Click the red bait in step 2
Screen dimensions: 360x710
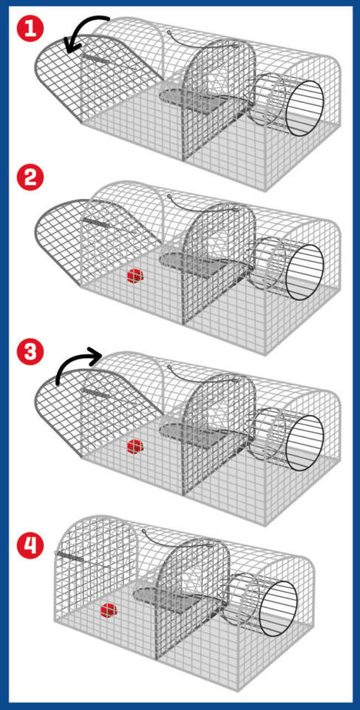pyautogui.click(x=135, y=276)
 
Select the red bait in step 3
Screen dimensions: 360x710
pyautogui.click(x=135, y=447)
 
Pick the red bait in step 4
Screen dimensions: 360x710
pyautogui.click(x=109, y=610)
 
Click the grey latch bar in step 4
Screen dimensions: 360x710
pyautogui.click(x=69, y=556)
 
